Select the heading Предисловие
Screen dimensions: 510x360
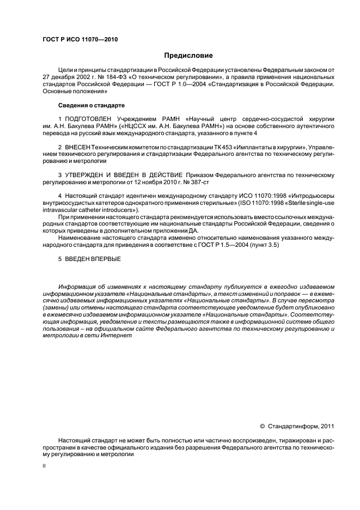[x=188, y=56]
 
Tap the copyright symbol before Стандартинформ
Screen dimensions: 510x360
[x=263, y=427]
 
